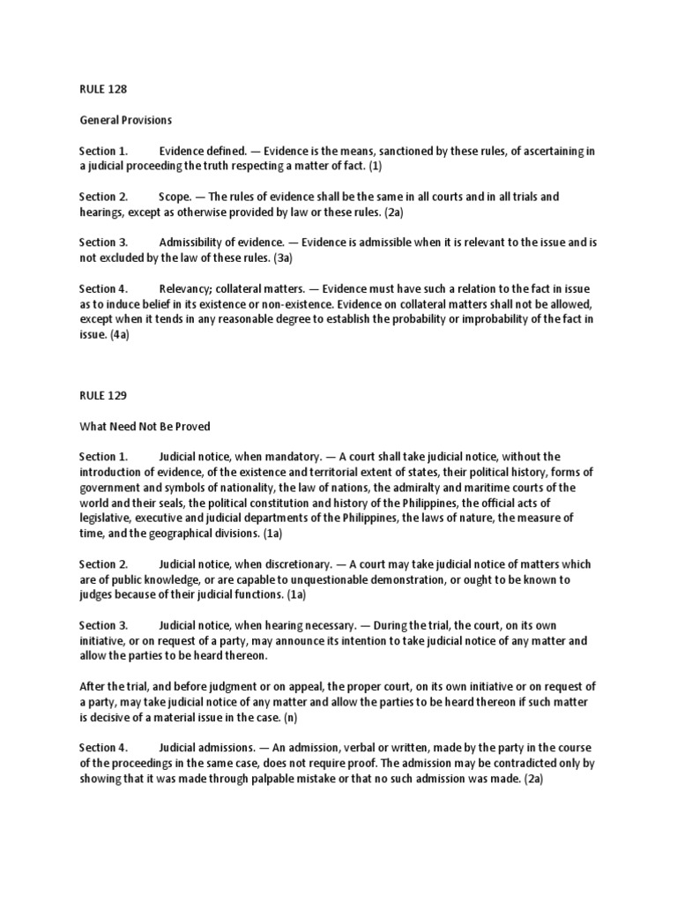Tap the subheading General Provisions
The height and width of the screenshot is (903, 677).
point(124,119)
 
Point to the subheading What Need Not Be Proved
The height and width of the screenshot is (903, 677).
point(145,426)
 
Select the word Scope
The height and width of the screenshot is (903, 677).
point(176,196)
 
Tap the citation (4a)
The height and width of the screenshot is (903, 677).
point(120,334)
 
